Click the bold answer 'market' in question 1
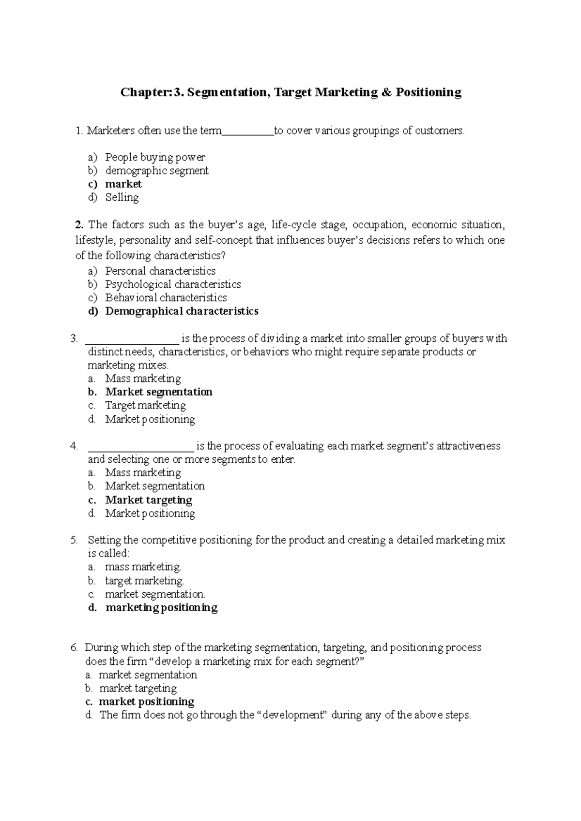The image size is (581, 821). [123, 184]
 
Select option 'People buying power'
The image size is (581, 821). [155, 157]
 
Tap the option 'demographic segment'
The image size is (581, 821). [157, 171]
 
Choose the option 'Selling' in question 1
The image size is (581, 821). [122, 197]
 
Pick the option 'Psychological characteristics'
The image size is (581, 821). [173, 284]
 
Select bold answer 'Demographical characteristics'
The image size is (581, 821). [182, 311]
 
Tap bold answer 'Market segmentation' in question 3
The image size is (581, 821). [159, 392]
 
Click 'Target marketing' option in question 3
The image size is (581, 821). [145, 405]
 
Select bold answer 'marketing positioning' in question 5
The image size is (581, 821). [162, 607]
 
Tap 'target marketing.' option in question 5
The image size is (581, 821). [144, 580]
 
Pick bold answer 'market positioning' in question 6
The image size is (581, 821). [146, 702]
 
